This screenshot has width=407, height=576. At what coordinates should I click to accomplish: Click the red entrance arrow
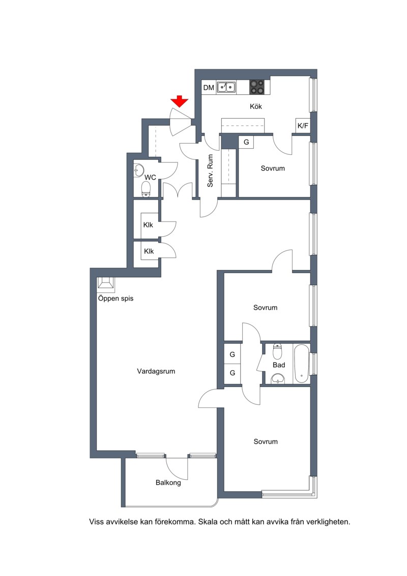tap(180, 101)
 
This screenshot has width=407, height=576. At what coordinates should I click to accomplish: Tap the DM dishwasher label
tap(209, 88)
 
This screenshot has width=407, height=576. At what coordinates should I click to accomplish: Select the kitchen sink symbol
tap(226, 87)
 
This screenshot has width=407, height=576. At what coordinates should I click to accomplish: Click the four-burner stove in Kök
tap(256, 87)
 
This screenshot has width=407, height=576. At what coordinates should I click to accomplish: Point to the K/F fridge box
tap(303, 126)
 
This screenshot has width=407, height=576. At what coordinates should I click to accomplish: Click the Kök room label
tap(256, 106)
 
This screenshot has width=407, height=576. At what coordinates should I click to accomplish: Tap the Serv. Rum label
tap(210, 171)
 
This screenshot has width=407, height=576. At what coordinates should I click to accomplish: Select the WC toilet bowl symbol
tap(146, 189)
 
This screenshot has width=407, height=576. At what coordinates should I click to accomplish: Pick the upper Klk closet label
tap(148, 225)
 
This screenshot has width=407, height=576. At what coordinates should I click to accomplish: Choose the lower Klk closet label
tap(149, 251)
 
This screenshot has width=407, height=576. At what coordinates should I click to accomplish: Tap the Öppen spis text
tap(115, 298)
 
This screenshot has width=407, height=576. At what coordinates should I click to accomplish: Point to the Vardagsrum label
tap(156, 371)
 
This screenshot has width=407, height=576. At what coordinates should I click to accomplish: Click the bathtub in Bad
tap(302, 363)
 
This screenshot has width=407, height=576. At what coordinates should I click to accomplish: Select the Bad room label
tap(279, 365)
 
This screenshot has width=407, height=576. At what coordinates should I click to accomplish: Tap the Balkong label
tap(168, 483)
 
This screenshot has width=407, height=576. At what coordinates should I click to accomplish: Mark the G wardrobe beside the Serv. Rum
tap(246, 142)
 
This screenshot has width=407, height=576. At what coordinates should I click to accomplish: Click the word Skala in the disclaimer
tap(208, 522)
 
